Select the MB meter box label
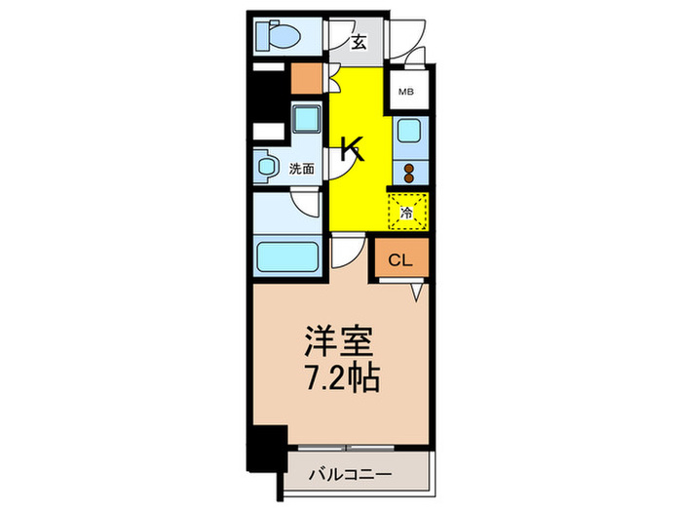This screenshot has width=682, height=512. (406, 93)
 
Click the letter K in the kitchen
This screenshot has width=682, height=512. (351, 148)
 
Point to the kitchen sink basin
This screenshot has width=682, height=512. (407, 132)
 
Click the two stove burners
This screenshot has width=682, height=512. (407, 173)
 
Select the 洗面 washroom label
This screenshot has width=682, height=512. (301, 169)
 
